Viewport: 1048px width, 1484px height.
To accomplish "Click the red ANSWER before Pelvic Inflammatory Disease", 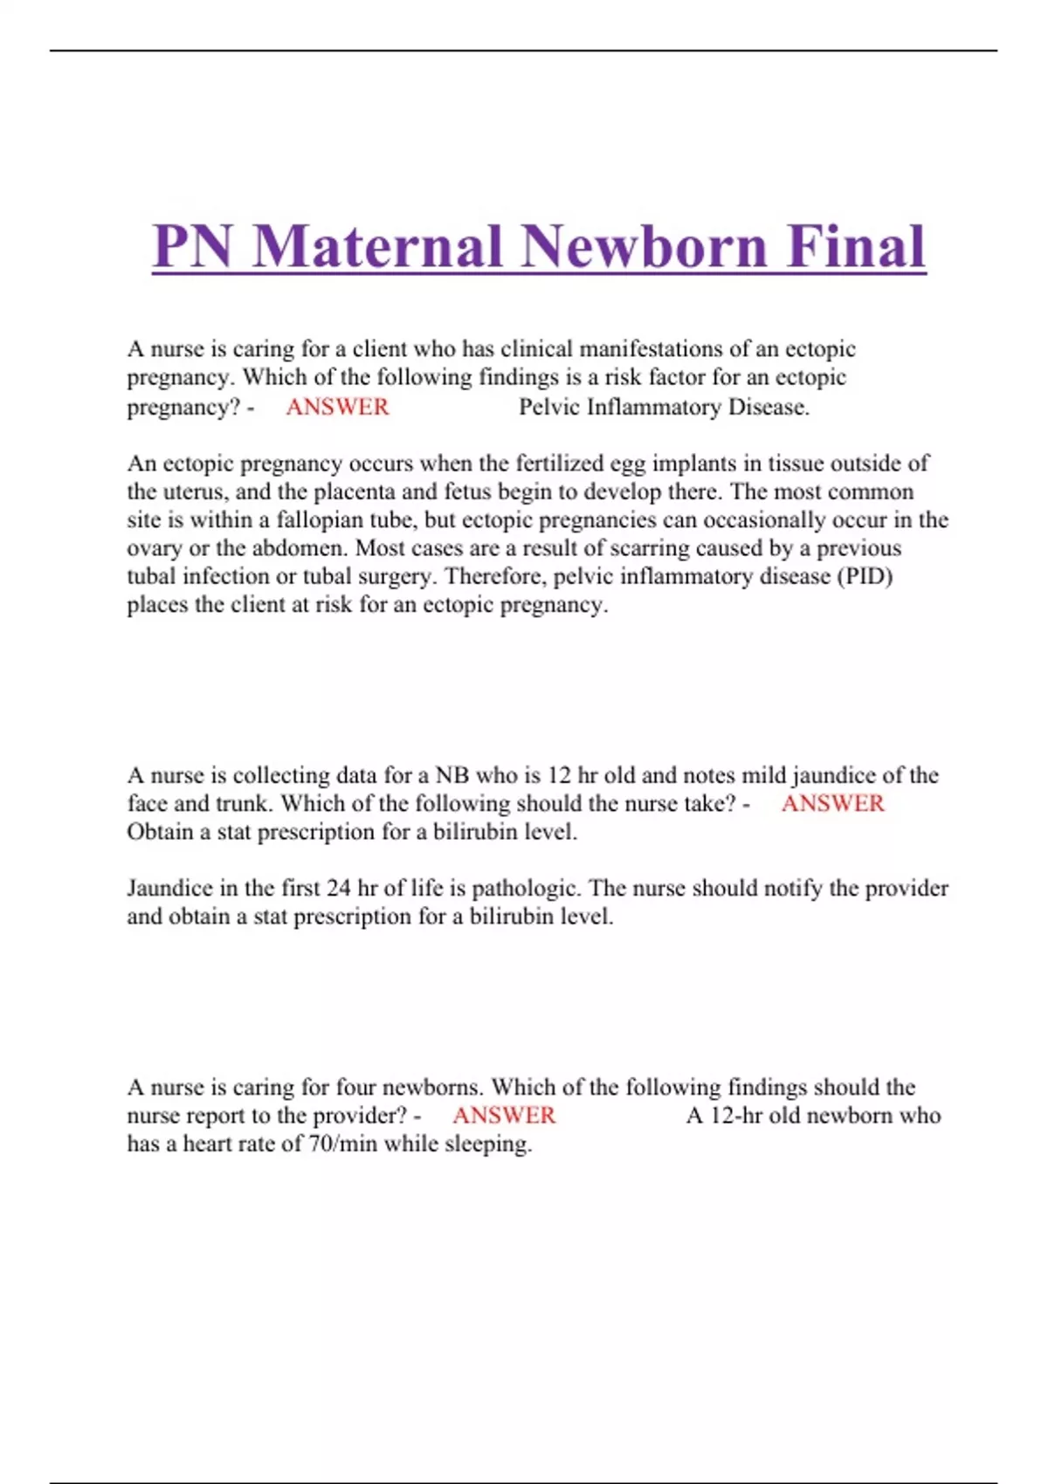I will click(337, 407).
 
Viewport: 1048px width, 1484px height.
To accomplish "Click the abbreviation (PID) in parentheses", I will click(864, 576).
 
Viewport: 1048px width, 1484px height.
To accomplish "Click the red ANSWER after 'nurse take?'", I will click(832, 803).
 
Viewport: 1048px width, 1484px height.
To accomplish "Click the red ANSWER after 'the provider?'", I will click(504, 1115).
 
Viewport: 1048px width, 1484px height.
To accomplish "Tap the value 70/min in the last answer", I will click(342, 1144).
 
